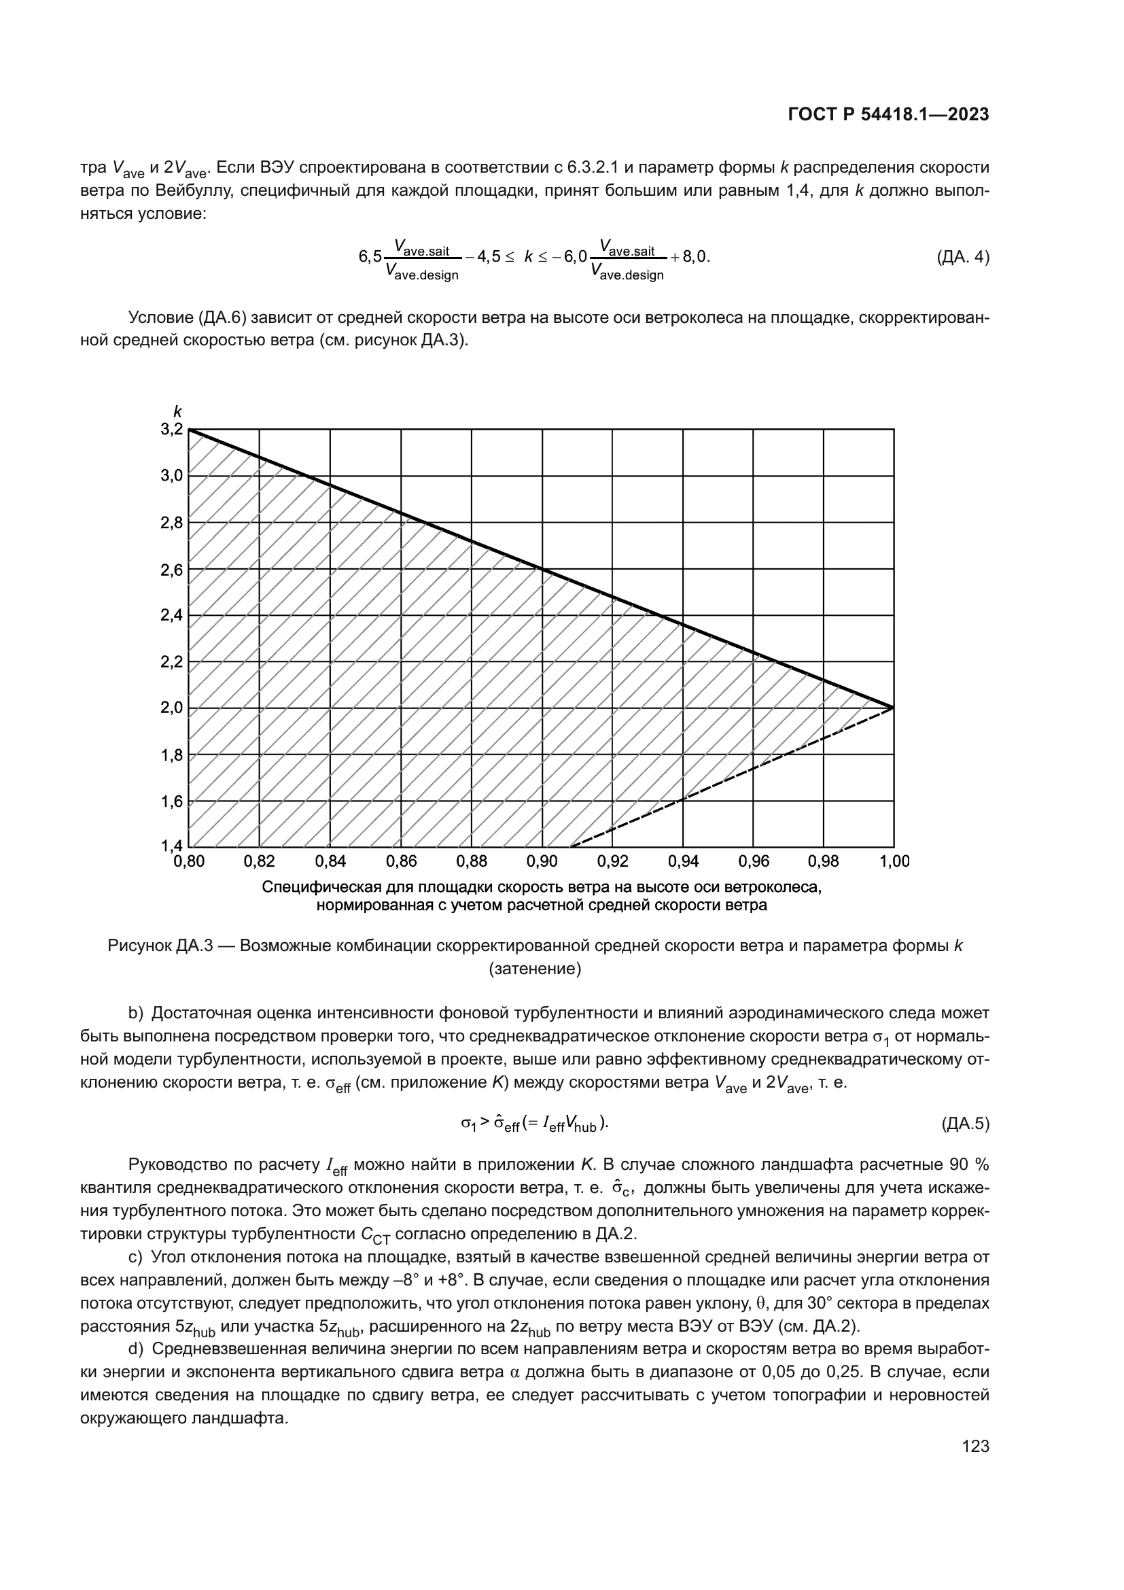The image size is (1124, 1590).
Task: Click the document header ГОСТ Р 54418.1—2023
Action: [x=888, y=115]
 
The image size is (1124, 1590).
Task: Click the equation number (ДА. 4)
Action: [x=962, y=257]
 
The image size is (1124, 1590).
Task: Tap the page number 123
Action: [x=975, y=1446]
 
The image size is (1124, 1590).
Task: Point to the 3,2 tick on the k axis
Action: [x=172, y=430]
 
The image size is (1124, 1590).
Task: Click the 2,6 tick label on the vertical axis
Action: [x=172, y=570]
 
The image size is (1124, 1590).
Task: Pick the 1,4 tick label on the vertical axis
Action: [x=172, y=846]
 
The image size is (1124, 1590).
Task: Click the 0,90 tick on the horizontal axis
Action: [x=542, y=861]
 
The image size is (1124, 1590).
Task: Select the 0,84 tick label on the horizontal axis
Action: [x=330, y=861]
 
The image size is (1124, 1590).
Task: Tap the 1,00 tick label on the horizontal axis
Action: [x=894, y=861]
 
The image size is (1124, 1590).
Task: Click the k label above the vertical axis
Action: [x=177, y=411]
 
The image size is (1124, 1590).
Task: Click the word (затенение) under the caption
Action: [x=535, y=969]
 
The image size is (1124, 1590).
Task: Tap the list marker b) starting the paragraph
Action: [x=136, y=1014]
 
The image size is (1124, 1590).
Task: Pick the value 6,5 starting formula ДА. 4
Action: [x=370, y=257]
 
